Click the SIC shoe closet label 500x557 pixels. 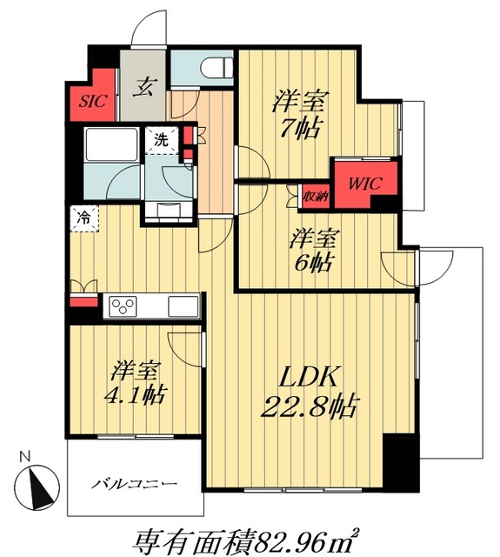click(x=93, y=101)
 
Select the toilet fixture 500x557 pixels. click(x=217, y=68)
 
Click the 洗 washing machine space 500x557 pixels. click(x=162, y=141)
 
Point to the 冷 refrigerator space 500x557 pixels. click(x=84, y=218)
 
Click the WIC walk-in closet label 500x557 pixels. click(x=365, y=184)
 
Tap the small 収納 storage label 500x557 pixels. click(x=316, y=196)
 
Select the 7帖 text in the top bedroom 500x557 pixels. click(x=300, y=128)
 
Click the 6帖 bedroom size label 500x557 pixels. click(x=313, y=263)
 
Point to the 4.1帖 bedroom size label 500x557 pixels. click(x=135, y=393)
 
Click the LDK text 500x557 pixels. click(x=308, y=377)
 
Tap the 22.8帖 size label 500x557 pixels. click(x=309, y=406)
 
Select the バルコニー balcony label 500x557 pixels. click(x=134, y=484)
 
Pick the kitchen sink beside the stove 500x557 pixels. click(x=183, y=306)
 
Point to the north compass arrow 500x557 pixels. click(x=40, y=488)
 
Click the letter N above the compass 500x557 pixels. click(x=23, y=456)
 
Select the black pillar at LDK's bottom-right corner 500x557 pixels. click(x=402, y=462)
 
